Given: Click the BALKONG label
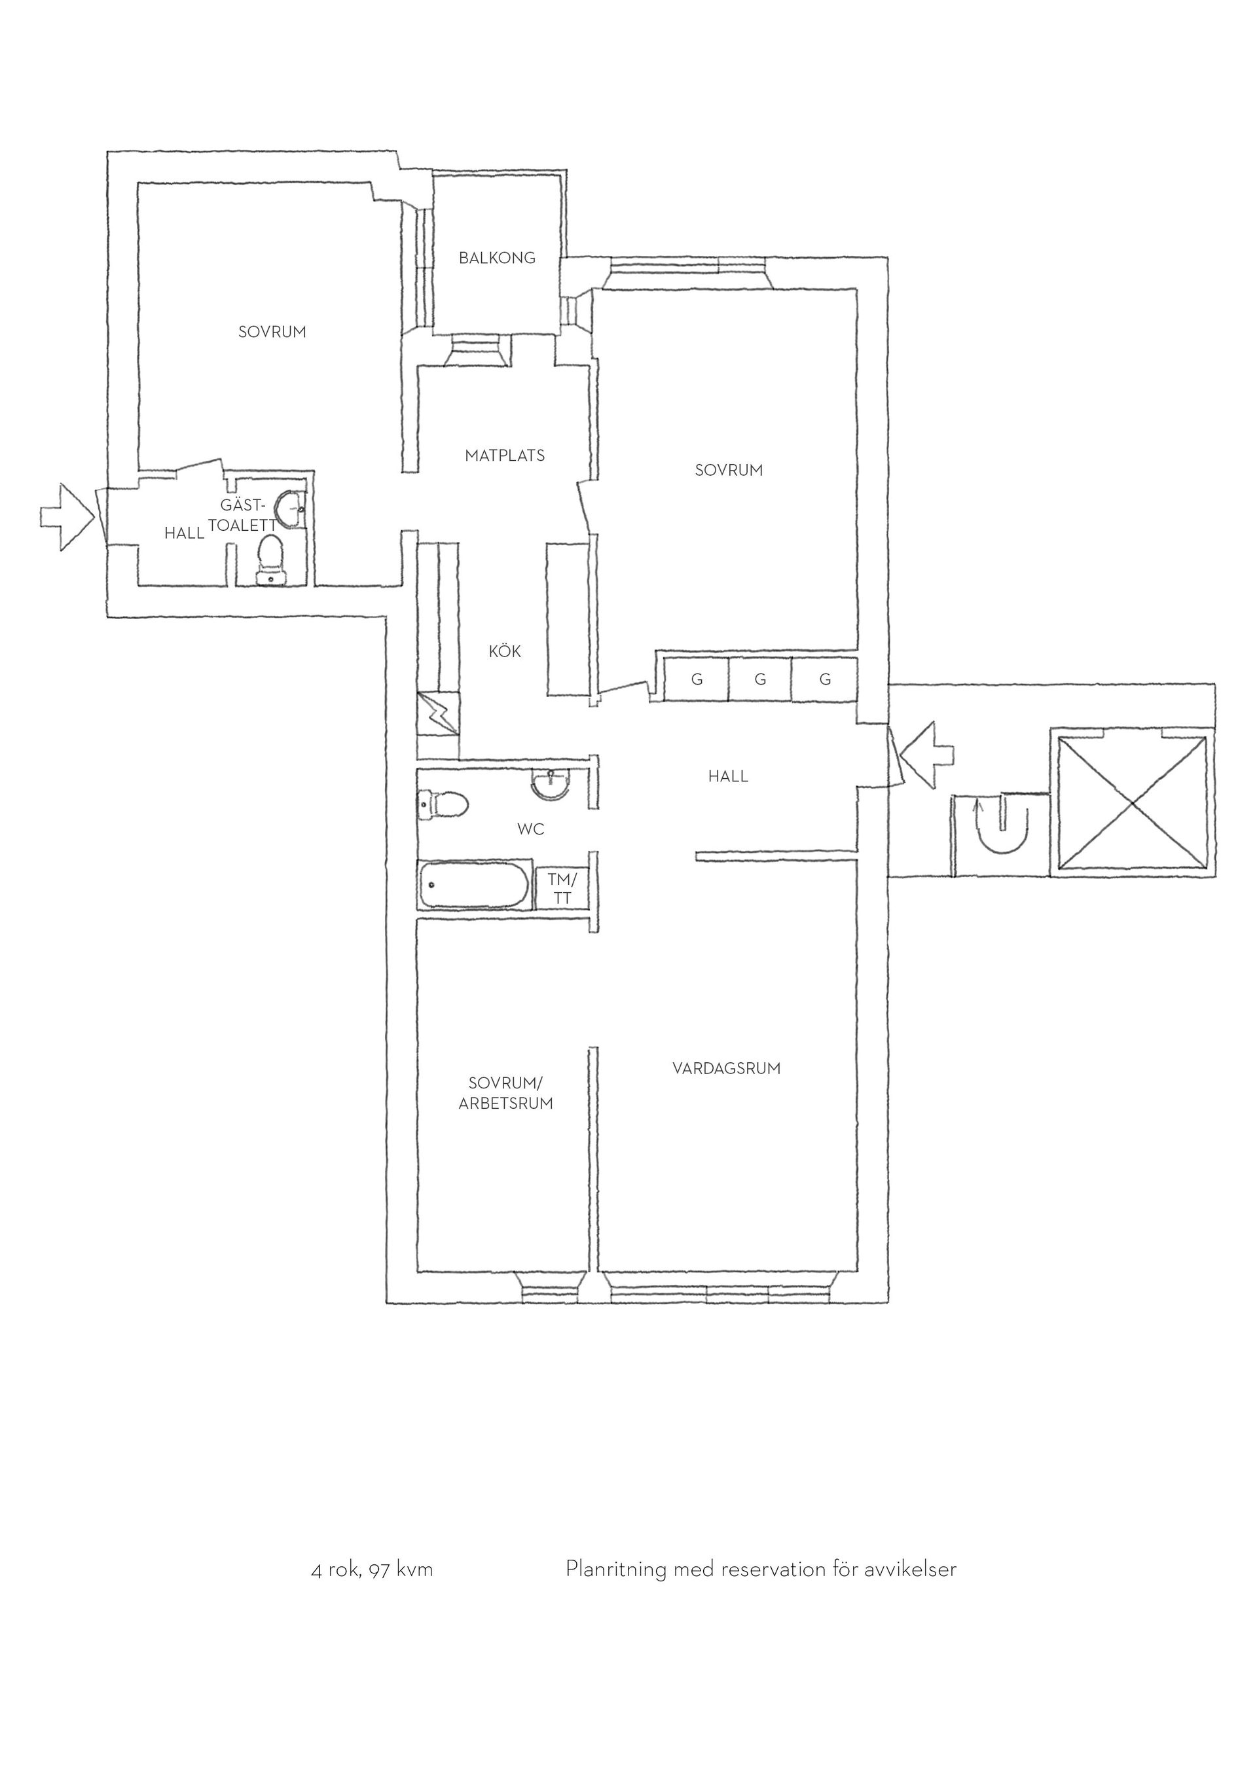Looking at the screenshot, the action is (497, 258).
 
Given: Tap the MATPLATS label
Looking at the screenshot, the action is (505, 455).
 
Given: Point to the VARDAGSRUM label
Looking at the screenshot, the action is (726, 1068).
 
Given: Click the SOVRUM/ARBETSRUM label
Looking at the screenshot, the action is (506, 1093).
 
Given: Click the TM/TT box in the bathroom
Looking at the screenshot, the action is (562, 888).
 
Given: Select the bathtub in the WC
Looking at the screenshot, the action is (475, 885).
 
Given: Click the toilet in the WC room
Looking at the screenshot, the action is (443, 804).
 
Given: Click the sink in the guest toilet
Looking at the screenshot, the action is (291, 509).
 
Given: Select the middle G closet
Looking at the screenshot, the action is (760, 679).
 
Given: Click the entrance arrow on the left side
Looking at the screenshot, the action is (67, 517).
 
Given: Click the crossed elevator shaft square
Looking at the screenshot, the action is (1131, 802).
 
